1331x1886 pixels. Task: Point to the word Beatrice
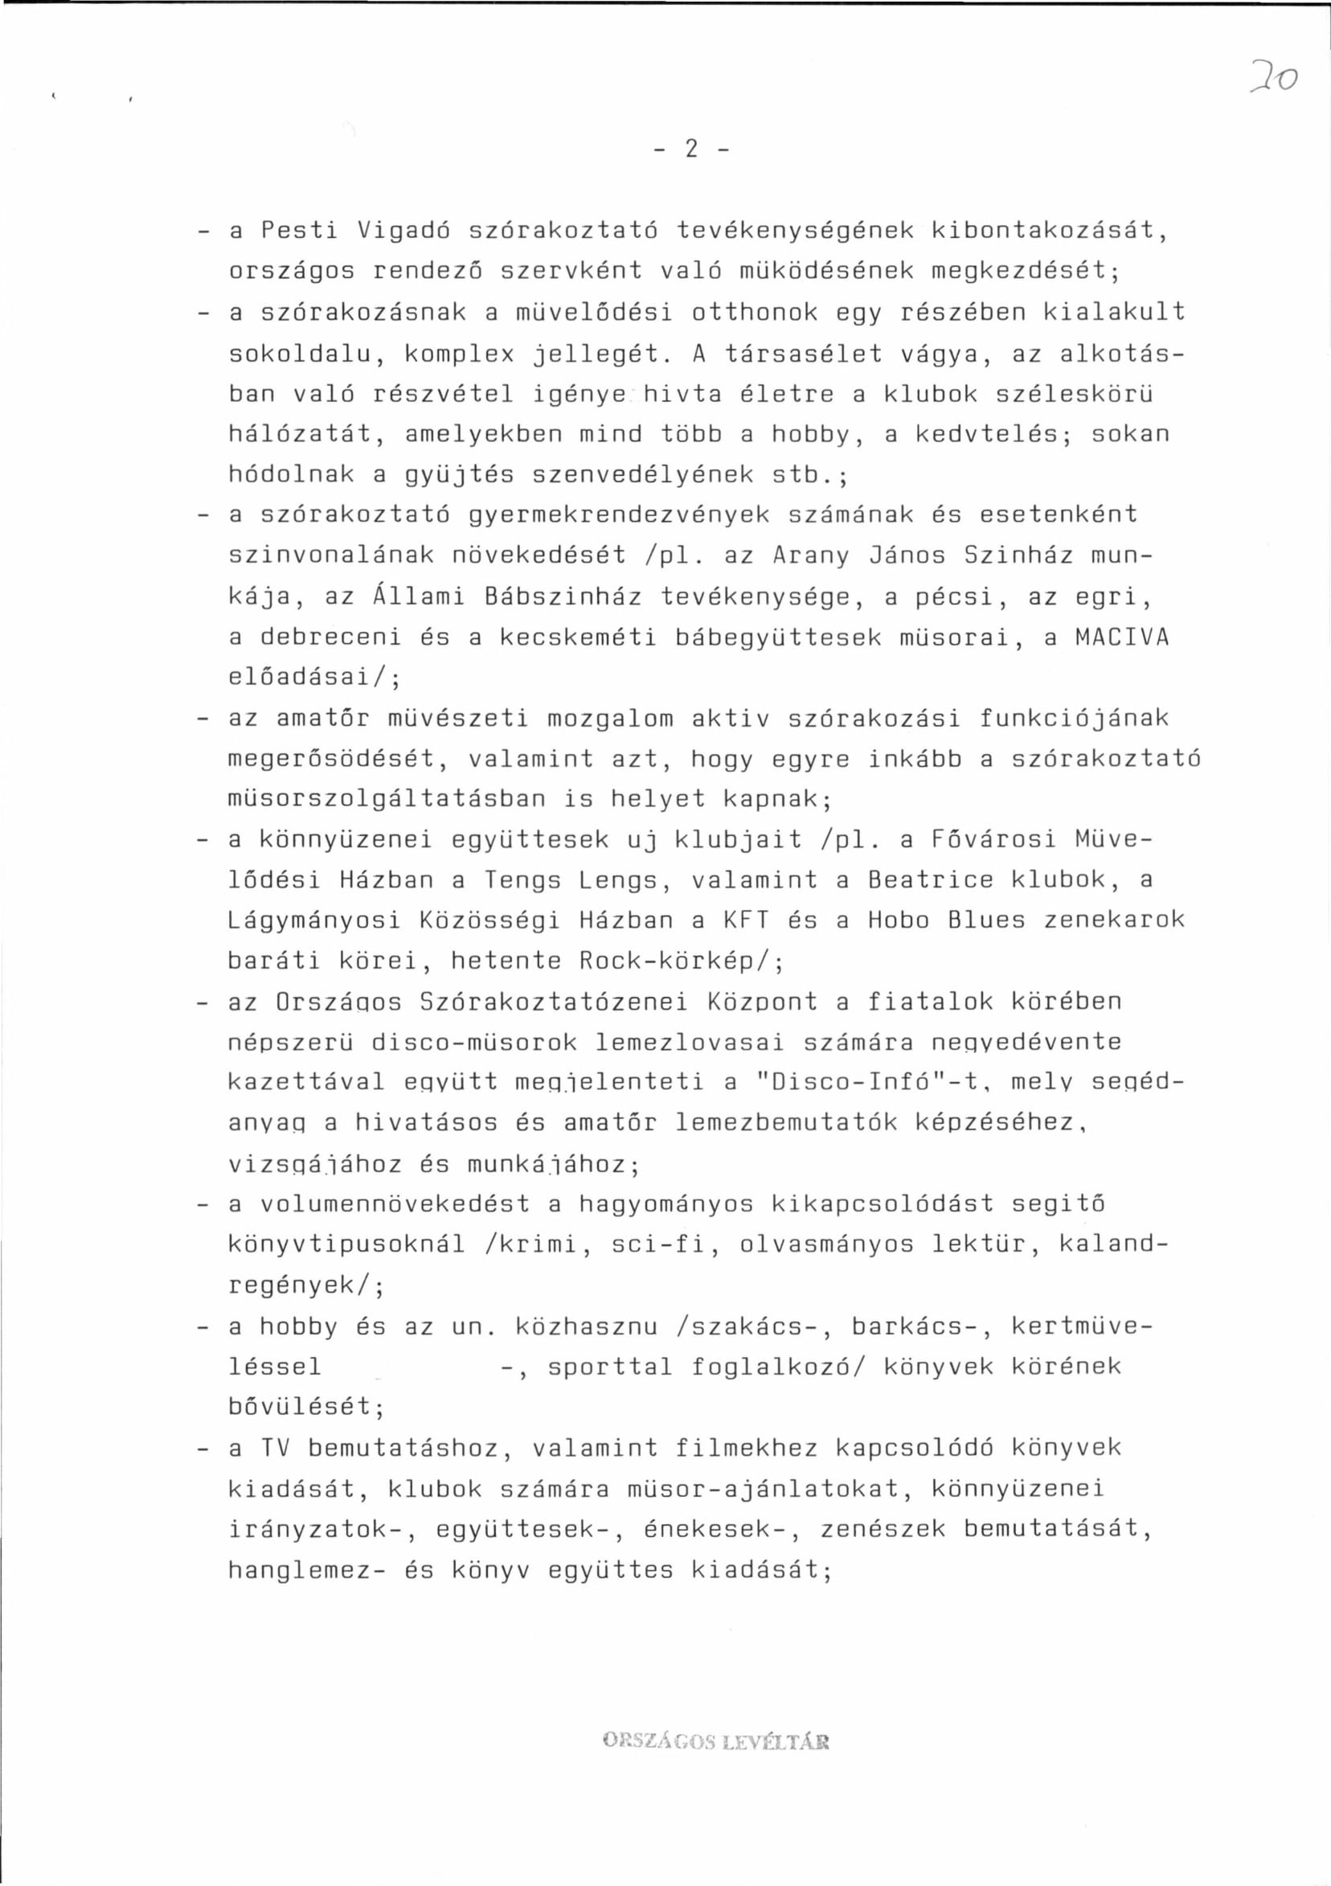coord(931,880)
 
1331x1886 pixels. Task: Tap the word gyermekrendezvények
coord(619,515)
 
